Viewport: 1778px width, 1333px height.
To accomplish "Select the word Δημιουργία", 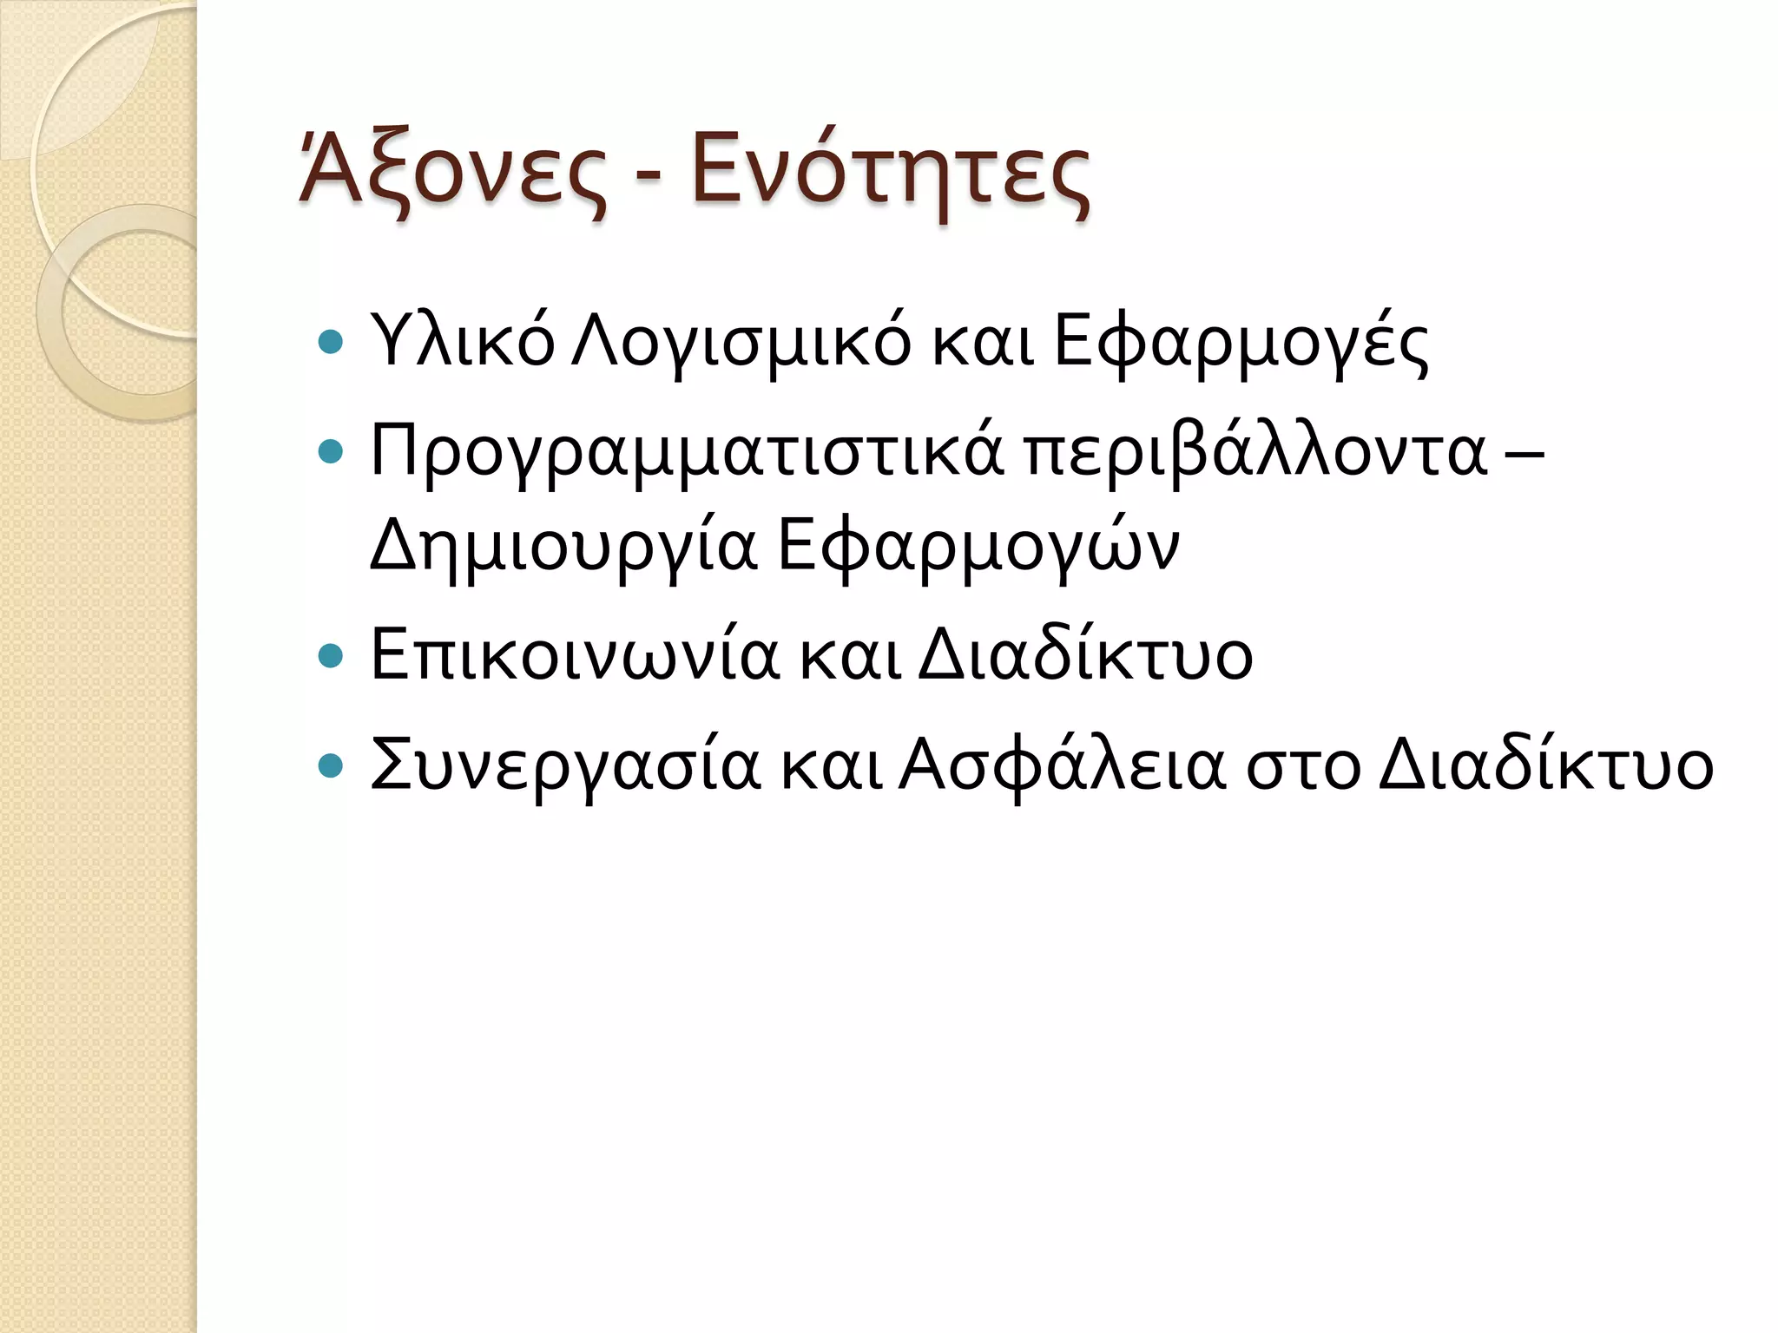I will (564, 547).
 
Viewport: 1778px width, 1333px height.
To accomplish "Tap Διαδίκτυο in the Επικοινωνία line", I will (1085, 655).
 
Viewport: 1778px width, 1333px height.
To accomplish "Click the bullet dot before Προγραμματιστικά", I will (332, 452).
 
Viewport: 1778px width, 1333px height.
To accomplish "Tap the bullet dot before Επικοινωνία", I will (332, 656).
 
